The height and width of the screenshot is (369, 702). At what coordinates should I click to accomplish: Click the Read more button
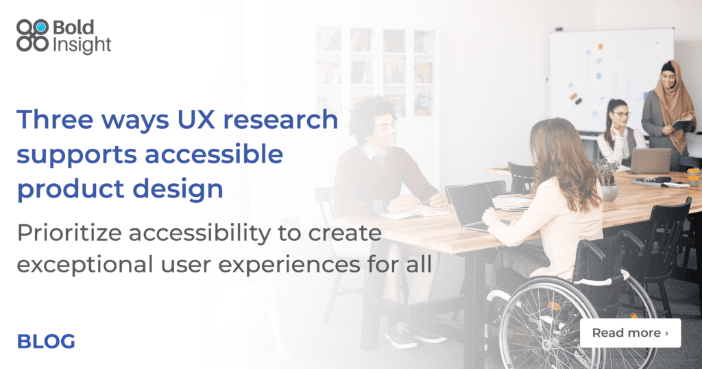click(x=630, y=333)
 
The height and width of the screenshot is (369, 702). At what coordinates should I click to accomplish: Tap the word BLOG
click(x=46, y=341)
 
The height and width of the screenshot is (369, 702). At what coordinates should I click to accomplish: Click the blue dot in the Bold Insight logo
click(x=41, y=27)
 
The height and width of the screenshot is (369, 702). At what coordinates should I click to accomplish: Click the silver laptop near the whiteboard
click(x=650, y=160)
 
